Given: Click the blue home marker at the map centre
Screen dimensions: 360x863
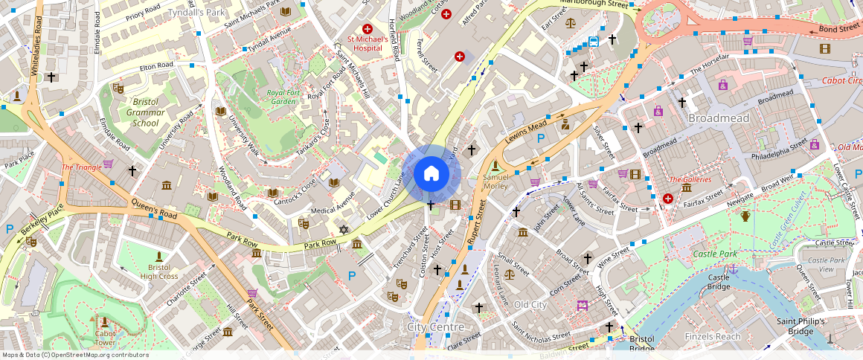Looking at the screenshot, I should click(x=431, y=174).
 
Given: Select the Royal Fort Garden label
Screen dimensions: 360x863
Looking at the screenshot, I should click(x=282, y=97).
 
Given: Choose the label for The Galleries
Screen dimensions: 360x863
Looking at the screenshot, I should click(x=690, y=179).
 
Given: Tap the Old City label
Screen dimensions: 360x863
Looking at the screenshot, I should click(x=530, y=305).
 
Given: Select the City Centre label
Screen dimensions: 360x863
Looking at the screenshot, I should click(x=436, y=327).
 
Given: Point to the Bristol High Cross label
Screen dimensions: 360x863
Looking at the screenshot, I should click(x=158, y=271).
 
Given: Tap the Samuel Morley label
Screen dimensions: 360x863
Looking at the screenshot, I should click(x=495, y=181).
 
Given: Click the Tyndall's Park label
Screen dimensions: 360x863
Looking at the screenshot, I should click(x=196, y=13).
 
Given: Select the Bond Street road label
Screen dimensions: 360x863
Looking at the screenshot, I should click(x=838, y=29).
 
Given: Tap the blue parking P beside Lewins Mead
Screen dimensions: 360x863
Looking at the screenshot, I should click(x=541, y=138).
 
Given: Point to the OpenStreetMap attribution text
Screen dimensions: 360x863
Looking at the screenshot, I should click(x=75, y=355).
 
